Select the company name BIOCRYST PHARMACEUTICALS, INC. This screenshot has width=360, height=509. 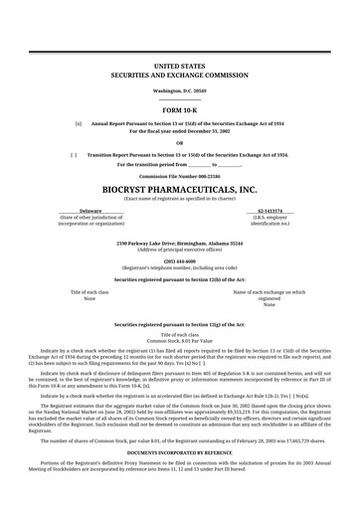tap(179, 188)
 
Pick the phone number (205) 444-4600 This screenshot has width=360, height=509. tap(179, 260)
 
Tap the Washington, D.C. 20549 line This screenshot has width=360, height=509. tap(179, 90)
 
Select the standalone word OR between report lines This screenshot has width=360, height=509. tap(179, 142)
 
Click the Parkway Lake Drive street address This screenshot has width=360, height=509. tap(179, 243)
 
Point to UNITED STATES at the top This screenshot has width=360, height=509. tap(179, 64)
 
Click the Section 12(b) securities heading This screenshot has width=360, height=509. tap(179, 280)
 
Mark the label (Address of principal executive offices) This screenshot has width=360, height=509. tap(179, 249)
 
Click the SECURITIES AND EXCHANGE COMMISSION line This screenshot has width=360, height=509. tap(179, 73)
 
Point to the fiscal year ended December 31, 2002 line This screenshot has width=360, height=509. tap(179, 130)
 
